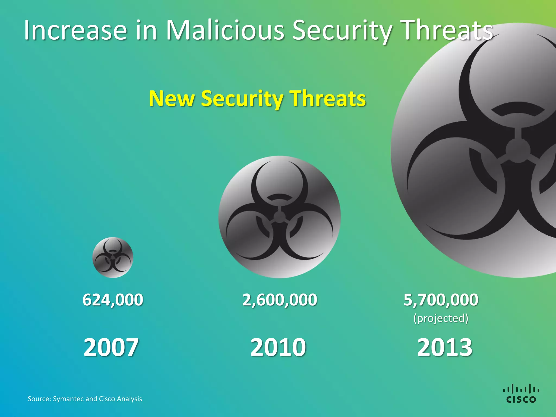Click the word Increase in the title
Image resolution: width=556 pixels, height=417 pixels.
[x=75, y=30]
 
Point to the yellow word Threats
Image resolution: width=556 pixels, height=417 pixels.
[x=328, y=98]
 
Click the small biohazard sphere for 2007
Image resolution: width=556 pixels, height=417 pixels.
[x=113, y=257]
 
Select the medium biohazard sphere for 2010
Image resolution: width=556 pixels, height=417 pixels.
[x=279, y=217]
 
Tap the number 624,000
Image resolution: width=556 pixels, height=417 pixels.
[x=113, y=300]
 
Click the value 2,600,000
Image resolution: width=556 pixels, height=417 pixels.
[x=280, y=300]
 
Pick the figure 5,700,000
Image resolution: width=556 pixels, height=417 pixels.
[x=441, y=300]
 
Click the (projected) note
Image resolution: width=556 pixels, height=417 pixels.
[x=441, y=318]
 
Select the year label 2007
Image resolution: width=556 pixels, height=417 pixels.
[x=111, y=347]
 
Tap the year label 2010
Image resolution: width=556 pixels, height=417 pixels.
[x=278, y=347]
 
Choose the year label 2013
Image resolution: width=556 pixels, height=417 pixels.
[x=445, y=347]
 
